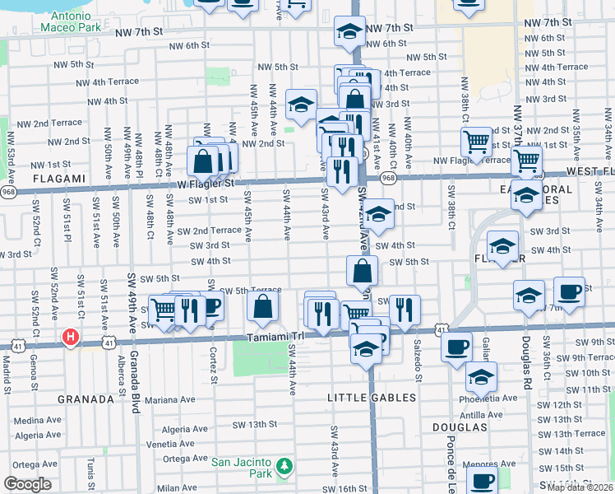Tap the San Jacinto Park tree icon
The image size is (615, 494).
(x=284, y=468)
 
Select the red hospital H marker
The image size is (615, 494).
(x=72, y=337)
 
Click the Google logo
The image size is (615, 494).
(x=27, y=484)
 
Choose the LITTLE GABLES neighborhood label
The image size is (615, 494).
(x=372, y=398)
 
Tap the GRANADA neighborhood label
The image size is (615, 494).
(x=86, y=399)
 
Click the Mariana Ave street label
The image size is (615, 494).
(x=170, y=399)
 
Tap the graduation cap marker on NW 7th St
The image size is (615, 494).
(x=349, y=32)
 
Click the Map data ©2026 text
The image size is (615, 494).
(x=579, y=487)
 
